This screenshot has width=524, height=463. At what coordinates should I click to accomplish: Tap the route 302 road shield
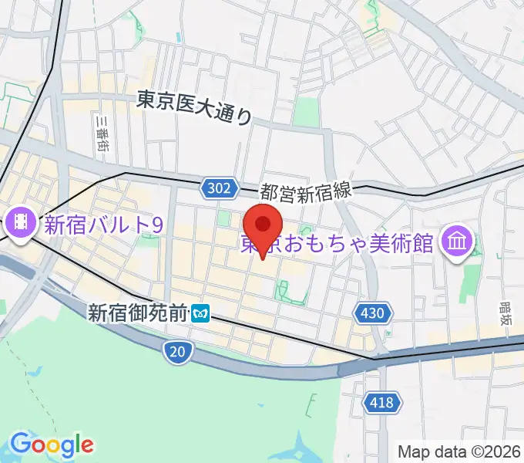pyautogui.click(x=218, y=188)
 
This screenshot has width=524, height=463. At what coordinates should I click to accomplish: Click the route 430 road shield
pyautogui.click(x=373, y=313)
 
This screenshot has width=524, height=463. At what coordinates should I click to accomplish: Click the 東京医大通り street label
pyautogui.click(x=194, y=107)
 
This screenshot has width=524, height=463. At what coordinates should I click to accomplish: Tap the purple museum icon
pyautogui.click(x=457, y=243)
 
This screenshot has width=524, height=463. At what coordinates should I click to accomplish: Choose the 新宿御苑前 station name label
pyautogui.click(x=138, y=313)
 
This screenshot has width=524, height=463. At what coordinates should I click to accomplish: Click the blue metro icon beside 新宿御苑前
pyautogui.click(x=202, y=314)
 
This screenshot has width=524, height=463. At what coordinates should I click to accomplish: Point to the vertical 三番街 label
pyautogui.click(x=100, y=135)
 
